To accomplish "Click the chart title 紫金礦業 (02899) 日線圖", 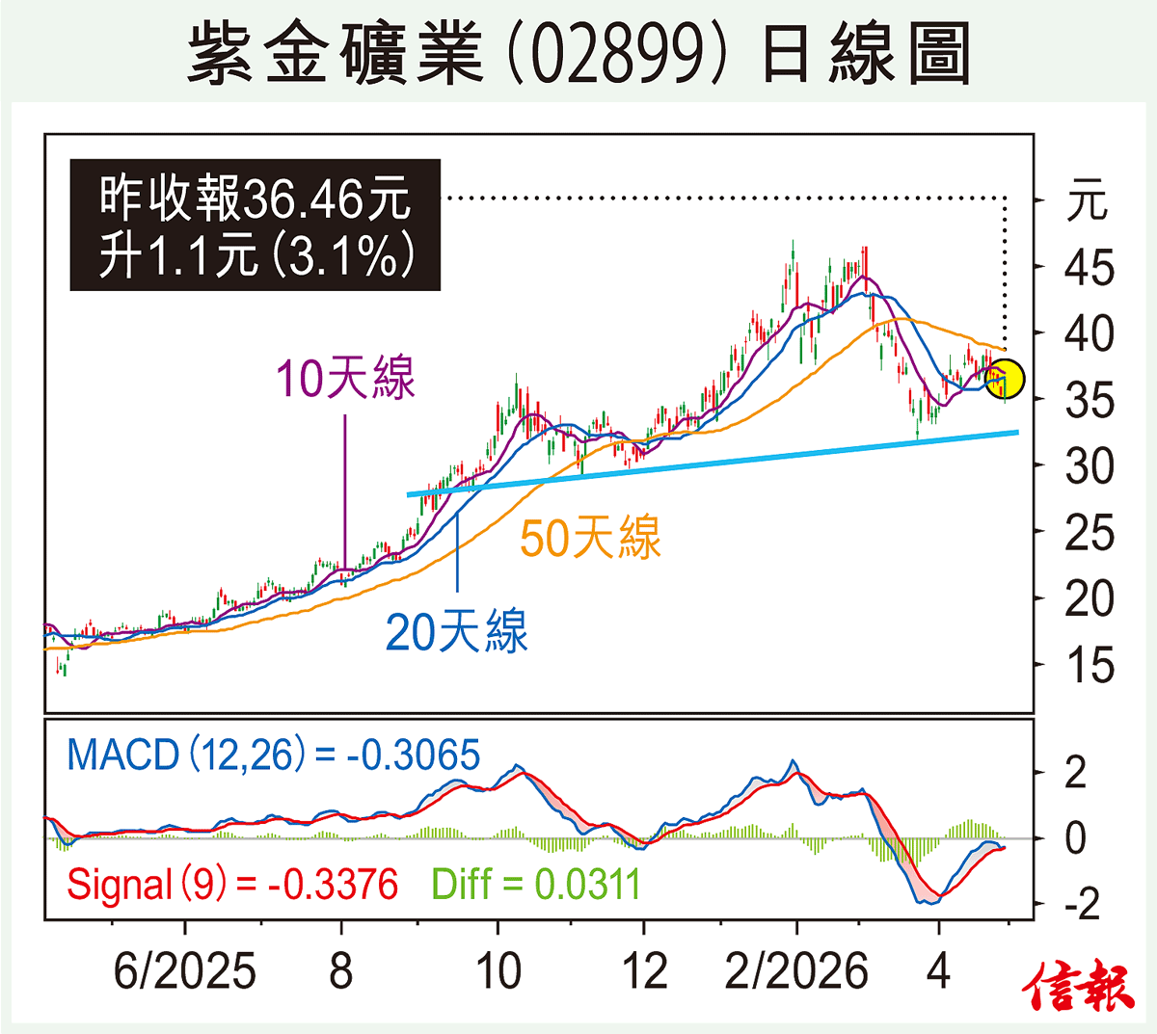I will click(x=578, y=54).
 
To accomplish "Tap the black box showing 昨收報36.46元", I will click(x=256, y=225).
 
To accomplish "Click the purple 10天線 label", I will click(x=345, y=378).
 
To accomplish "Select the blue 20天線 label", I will click(x=456, y=632).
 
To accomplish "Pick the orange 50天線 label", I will click(x=590, y=537).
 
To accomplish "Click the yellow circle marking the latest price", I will click(x=1005, y=379).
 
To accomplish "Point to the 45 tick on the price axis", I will click(x=1089, y=268).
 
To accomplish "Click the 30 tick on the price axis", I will click(x=1089, y=466).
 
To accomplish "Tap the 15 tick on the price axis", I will click(x=1089, y=666).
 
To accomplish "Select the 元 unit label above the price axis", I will click(x=1087, y=201).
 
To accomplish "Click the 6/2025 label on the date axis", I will click(x=184, y=971).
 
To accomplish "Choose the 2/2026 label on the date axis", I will click(x=796, y=971).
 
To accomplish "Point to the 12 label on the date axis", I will click(x=644, y=971).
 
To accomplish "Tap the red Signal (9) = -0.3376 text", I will click(x=232, y=884).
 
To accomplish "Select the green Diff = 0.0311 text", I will click(x=535, y=884).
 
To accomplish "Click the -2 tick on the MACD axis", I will click(x=1081, y=905).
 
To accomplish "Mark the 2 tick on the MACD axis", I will click(x=1075, y=773).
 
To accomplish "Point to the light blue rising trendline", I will click(x=713, y=464).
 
